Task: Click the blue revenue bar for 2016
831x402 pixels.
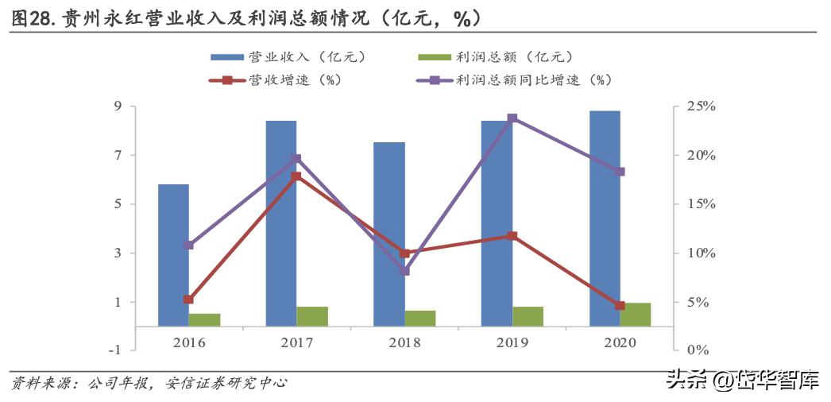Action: [x=173, y=254]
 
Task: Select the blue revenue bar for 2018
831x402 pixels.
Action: [x=389, y=234]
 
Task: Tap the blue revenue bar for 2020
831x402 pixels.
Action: [x=605, y=218]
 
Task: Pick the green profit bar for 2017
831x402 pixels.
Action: [x=312, y=316]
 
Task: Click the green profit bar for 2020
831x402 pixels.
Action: [x=636, y=314]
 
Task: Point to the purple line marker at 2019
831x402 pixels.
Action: [x=512, y=118]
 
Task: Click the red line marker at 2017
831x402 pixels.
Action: [x=296, y=176]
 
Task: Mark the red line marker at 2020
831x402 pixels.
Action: [x=620, y=305]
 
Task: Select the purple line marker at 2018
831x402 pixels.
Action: [x=404, y=271]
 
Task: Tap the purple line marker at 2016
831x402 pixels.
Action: [x=188, y=245]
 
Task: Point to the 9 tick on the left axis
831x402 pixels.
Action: [x=117, y=106]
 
